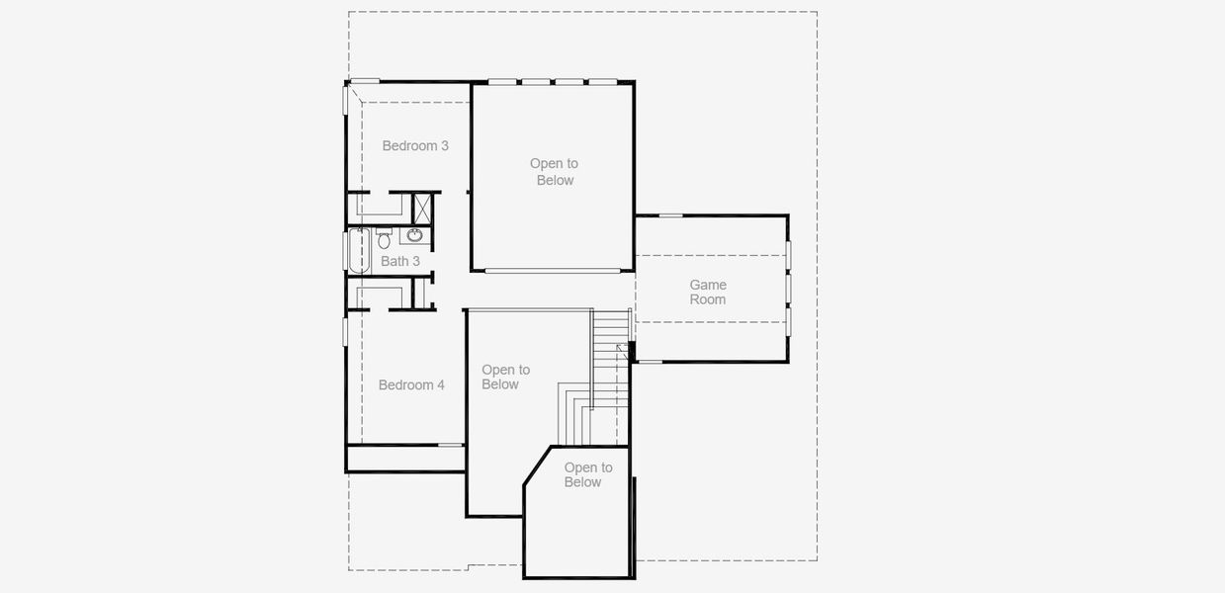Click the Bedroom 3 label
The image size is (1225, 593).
click(415, 146)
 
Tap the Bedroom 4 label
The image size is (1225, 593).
click(411, 384)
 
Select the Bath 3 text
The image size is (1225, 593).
click(400, 261)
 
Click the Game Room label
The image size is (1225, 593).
click(708, 293)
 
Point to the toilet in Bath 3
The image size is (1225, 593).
click(385, 238)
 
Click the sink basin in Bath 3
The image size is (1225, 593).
click(415, 235)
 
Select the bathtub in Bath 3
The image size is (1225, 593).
click(357, 250)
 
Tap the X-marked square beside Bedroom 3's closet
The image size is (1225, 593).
click(422, 208)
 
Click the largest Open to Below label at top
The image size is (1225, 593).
click(554, 172)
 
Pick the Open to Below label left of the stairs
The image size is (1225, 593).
click(505, 377)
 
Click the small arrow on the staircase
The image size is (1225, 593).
click(621, 349)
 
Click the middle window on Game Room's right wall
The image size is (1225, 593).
click(788, 287)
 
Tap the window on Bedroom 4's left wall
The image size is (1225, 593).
click(345, 331)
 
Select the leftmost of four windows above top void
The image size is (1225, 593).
click(502, 82)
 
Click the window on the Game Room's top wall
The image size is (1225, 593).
click(671, 215)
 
